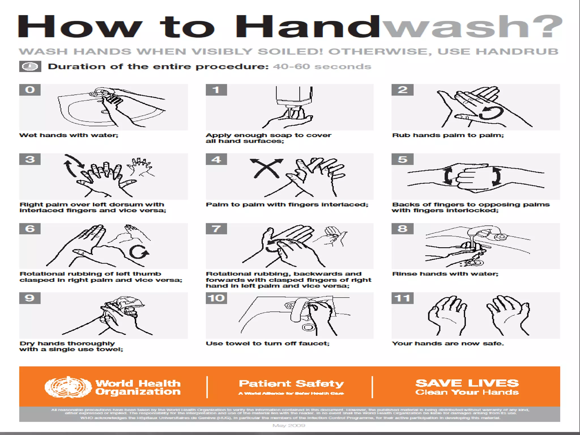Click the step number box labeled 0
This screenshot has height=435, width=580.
pyautogui.click(x=30, y=90)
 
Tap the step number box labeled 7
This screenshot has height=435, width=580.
pyautogui.click(x=216, y=229)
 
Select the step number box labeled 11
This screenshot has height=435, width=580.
pyautogui.click(x=402, y=298)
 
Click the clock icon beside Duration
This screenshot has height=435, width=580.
pyautogui.click(x=30, y=67)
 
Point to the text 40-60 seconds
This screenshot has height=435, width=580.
pyautogui.click(x=322, y=67)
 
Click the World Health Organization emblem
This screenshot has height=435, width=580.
pyautogui.click(x=68, y=387)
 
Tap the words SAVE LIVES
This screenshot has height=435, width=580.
pyautogui.click(x=467, y=383)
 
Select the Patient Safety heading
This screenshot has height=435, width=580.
pyautogui.click(x=291, y=384)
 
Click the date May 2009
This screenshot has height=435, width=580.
pyautogui.click(x=289, y=425)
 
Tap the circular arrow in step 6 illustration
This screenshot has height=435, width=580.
pyautogui.click(x=138, y=252)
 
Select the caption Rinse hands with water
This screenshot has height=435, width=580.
pyautogui.click(x=445, y=274)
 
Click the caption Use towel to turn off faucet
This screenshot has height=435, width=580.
pyautogui.click(x=268, y=344)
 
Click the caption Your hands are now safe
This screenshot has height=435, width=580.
pyautogui.click(x=448, y=344)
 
